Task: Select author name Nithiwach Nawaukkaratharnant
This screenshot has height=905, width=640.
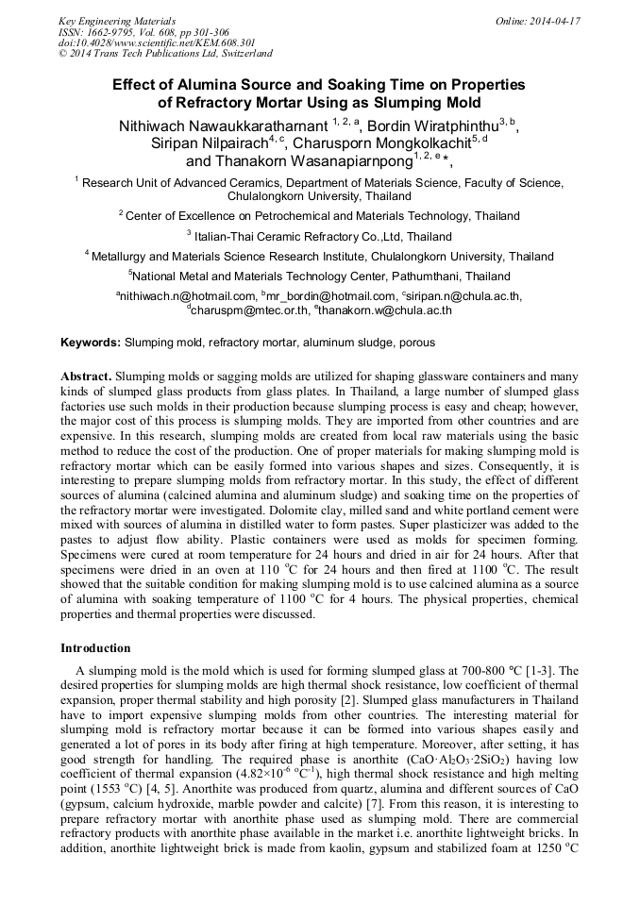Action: coord(223,126)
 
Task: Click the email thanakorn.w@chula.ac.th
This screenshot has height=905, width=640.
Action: coord(387,310)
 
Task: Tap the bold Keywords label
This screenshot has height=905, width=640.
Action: coord(91,343)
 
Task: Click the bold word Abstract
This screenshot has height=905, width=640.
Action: coord(86,374)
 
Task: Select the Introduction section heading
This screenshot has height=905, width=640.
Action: coord(95,648)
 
